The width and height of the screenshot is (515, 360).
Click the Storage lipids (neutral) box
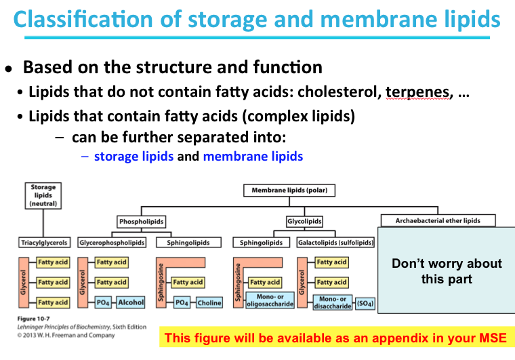pyautogui.click(x=43, y=195)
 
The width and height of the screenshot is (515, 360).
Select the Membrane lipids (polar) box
pyautogui.click(x=289, y=191)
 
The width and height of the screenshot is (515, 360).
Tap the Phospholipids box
pyautogui.click(x=141, y=221)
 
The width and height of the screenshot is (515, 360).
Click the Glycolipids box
pyautogui.click(x=304, y=221)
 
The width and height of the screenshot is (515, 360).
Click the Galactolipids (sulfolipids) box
pyautogui.click(x=335, y=242)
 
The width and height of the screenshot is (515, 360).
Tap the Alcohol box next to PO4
pyautogui.click(x=131, y=302)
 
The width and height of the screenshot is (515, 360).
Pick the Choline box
pyautogui.click(x=209, y=303)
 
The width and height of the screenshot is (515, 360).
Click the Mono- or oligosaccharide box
pyautogui.click(x=270, y=300)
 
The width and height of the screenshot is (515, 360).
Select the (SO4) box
pyautogui.click(x=366, y=303)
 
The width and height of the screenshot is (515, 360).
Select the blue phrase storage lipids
pyautogui.click(x=133, y=157)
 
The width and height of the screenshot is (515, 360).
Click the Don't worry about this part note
pyautogui.click(x=447, y=271)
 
